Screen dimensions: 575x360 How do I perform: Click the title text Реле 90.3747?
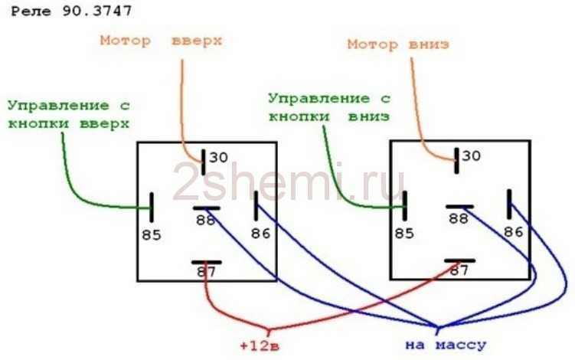click(x=71, y=11)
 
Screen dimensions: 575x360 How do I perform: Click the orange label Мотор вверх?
click(x=162, y=41)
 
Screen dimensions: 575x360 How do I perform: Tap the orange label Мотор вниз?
click(x=398, y=44)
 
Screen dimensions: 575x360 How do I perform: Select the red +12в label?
click(x=260, y=345)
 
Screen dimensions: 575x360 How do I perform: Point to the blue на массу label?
click(x=446, y=345)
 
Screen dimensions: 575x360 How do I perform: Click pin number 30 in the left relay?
click(x=218, y=158)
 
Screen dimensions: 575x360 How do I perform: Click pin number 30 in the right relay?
click(x=471, y=156)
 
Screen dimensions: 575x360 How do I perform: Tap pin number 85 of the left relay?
click(x=152, y=235)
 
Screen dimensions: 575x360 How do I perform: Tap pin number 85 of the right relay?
click(x=404, y=234)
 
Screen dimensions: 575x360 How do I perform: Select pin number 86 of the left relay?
click(x=260, y=234)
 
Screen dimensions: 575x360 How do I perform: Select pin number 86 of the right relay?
click(x=513, y=232)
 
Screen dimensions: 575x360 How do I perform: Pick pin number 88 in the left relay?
click(x=205, y=220)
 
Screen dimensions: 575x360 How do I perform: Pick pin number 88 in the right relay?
click(x=459, y=219)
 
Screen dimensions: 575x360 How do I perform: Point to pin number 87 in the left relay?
click(x=207, y=272)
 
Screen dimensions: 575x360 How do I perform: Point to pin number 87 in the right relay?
click(x=459, y=270)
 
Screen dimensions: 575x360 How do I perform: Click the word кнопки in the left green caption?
click(x=38, y=123)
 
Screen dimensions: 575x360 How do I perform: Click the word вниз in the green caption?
click(x=368, y=116)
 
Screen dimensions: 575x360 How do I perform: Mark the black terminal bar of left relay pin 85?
click(x=151, y=208)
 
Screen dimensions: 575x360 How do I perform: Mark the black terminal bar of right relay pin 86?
click(x=509, y=205)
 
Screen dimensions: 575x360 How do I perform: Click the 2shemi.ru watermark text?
click(x=289, y=182)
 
